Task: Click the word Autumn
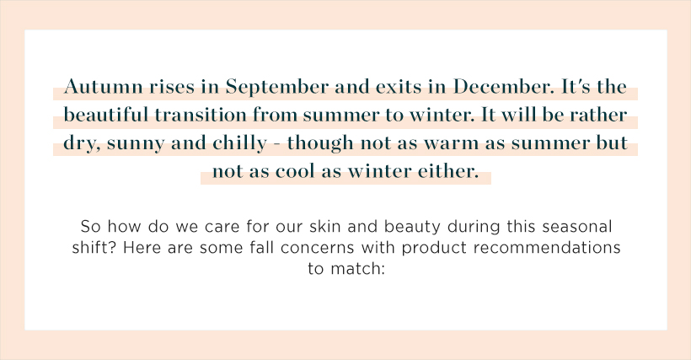(x=104, y=86)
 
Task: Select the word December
(x=503, y=86)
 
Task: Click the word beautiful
(x=106, y=115)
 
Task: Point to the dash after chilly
(x=276, y=144)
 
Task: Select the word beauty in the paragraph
(x=412, y=228)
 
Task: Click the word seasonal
(x=577, y=226)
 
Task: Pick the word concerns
(x=318, y=248)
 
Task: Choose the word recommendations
(x=547, y=247)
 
